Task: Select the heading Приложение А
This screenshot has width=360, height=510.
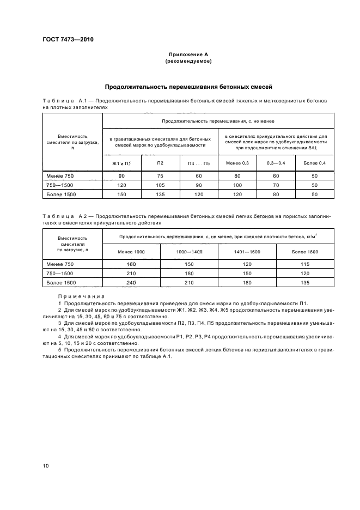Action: (x=188, y=54)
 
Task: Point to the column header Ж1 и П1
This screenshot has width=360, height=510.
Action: (x=122, y=163)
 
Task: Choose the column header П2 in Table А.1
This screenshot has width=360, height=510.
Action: (x=160, y=163)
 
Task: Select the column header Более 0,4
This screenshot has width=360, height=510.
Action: (x=314, y=163)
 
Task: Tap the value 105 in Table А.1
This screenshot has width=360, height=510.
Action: (x=160, y=185)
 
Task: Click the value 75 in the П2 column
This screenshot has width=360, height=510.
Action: (x=160, y=176)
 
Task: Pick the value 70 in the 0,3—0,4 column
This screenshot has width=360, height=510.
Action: (x=276, y=185)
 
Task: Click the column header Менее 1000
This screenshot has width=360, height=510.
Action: (x=132, y=252)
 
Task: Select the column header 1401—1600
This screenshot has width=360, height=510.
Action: (x=247, y=252)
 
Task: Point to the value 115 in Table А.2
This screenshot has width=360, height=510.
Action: (x=305, y=264)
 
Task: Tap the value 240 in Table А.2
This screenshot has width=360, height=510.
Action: (x=132, y=283)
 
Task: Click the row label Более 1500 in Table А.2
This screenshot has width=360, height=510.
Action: (x=62, y=283)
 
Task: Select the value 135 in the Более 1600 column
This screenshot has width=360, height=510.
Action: (x=305, y=283)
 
